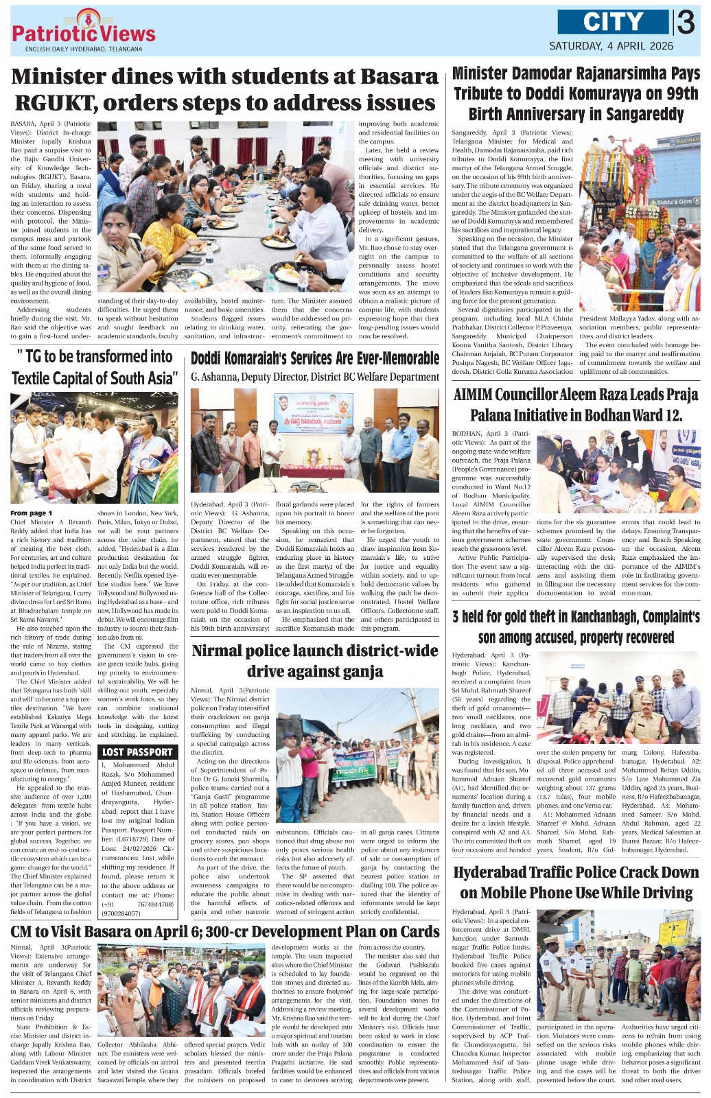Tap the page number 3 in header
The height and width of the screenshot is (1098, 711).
click(x=686, y=23)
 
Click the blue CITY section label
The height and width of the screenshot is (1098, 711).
click(x=612, y=22)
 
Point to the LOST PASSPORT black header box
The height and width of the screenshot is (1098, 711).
click(x=137, y=752)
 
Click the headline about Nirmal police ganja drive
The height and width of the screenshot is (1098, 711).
click(x=314, y=660)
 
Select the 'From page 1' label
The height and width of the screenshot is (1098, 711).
click(x=31, y=513)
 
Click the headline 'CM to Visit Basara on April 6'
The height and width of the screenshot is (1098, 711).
click(x=225, y=931)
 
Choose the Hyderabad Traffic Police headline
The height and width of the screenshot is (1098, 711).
click(x=576, y=883)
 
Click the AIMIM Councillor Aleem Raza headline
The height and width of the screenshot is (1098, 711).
click(x=576, y=405)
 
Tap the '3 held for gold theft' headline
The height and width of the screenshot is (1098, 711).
click(x=576, y=627)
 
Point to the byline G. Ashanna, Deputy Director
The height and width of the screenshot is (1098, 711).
click(x=315, y=377)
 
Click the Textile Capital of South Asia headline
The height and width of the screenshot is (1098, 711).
click(x=95, y=367)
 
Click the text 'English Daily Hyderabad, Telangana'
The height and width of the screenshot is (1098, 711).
click(x=84, y=49)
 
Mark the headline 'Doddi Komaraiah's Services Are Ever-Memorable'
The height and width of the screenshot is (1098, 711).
click(x=315, y=358)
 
